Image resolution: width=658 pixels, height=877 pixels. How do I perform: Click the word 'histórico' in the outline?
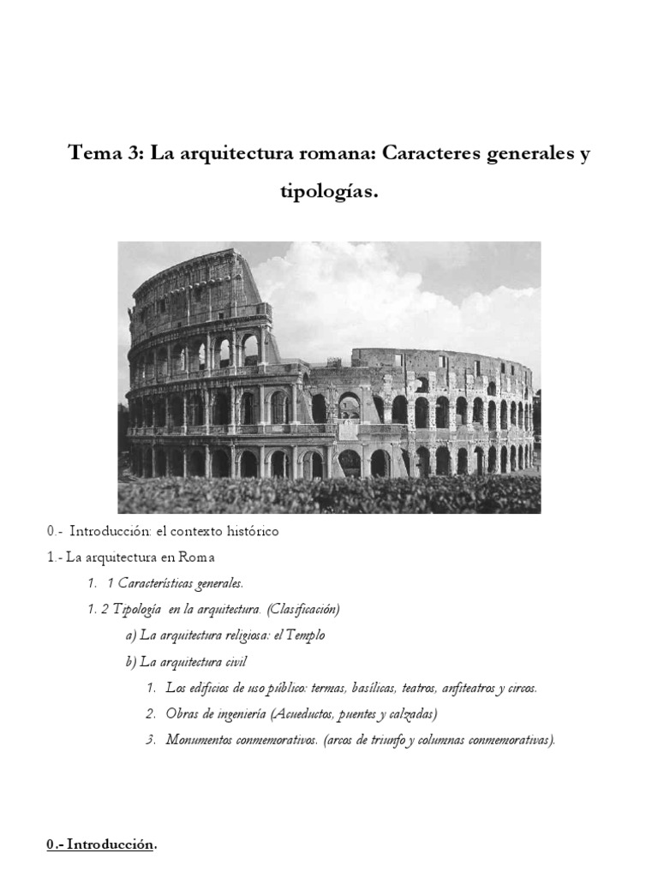click(x=251, y=531)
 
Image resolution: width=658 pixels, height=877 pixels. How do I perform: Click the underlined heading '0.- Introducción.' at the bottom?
click(x=102, y=844)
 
